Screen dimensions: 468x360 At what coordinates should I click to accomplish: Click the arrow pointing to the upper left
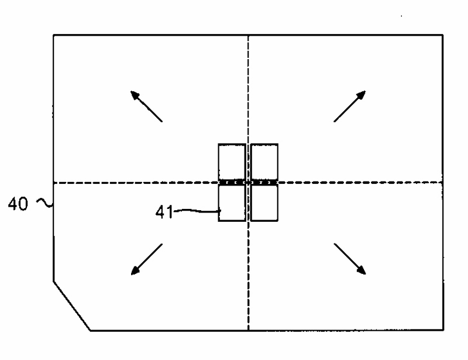(146, 106)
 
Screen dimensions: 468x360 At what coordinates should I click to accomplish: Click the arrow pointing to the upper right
(350, 106)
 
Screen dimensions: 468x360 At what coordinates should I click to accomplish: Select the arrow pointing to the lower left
(146, 259)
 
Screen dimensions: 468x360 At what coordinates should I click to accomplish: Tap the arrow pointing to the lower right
(350, 259)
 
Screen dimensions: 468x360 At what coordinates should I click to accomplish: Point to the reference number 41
(164, 211)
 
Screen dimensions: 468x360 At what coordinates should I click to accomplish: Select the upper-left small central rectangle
(232, 161)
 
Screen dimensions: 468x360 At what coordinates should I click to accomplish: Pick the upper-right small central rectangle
(264, 161)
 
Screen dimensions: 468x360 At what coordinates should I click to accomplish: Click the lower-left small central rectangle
(232, 203)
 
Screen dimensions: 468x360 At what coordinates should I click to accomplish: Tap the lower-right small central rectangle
(264, 203)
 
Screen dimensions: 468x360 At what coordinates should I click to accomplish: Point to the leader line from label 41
(196, 211)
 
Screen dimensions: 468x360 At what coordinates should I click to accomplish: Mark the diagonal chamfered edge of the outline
(71, 306)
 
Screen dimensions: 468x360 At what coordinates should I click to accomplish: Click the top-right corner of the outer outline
(443, 35)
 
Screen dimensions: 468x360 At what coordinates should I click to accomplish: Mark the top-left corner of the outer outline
(54, 35)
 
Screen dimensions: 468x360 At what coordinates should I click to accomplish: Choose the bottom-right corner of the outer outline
(443, 331)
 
